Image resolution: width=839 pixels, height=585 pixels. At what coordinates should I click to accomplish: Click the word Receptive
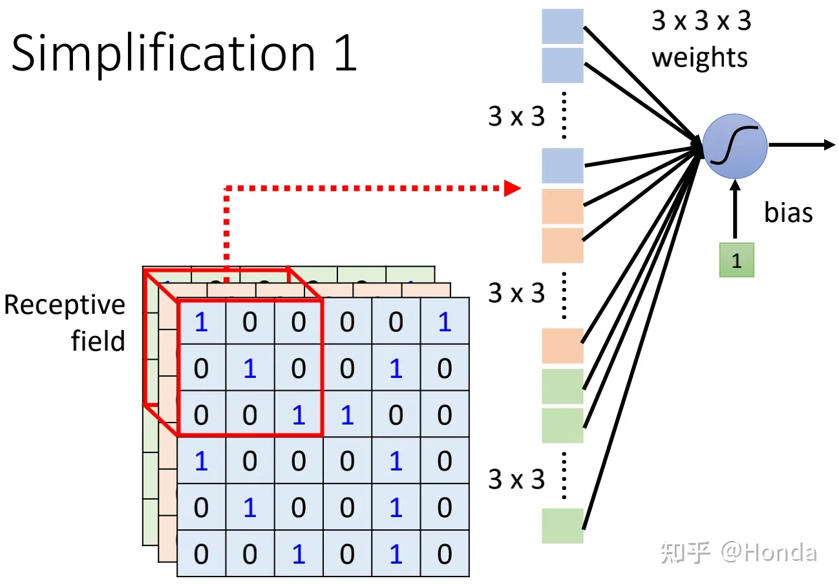click(65, 305)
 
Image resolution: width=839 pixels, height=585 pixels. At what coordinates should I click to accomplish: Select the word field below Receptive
click(98, 340)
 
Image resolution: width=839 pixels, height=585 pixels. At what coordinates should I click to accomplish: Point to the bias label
click(788, 212)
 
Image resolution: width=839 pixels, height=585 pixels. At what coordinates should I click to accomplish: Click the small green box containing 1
click(736, 260)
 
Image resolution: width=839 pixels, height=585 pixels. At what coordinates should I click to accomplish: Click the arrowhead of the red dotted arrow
click(512, 188)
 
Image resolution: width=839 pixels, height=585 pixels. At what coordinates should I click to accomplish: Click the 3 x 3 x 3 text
click(701, 21)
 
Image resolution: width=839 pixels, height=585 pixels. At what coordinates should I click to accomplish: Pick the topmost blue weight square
click(562, 27)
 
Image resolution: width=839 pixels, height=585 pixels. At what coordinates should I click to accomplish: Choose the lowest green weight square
click(562, 526)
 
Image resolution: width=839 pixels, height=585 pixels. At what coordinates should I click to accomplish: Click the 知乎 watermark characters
click(685, 553)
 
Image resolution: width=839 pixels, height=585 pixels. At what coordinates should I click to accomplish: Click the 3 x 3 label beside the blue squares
click(516, 116)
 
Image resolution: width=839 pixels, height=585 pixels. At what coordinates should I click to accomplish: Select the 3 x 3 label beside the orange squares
click(516, 293)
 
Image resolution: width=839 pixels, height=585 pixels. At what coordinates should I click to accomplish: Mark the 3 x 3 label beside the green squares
click(516, 480)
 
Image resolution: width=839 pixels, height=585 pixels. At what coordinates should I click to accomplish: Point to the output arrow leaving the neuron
click(802, 145)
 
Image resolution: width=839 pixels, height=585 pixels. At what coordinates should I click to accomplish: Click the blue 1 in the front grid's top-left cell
click(202, 322)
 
